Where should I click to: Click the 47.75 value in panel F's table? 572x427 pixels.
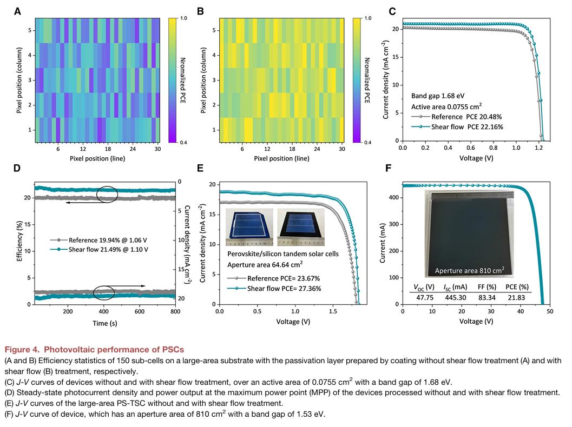[x=422, y=297]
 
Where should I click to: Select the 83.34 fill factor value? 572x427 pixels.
[x=484, y=297]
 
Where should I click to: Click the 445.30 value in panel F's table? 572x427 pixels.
[x=452, y=297]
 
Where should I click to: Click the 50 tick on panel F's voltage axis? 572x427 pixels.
[x=550, y=312]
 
